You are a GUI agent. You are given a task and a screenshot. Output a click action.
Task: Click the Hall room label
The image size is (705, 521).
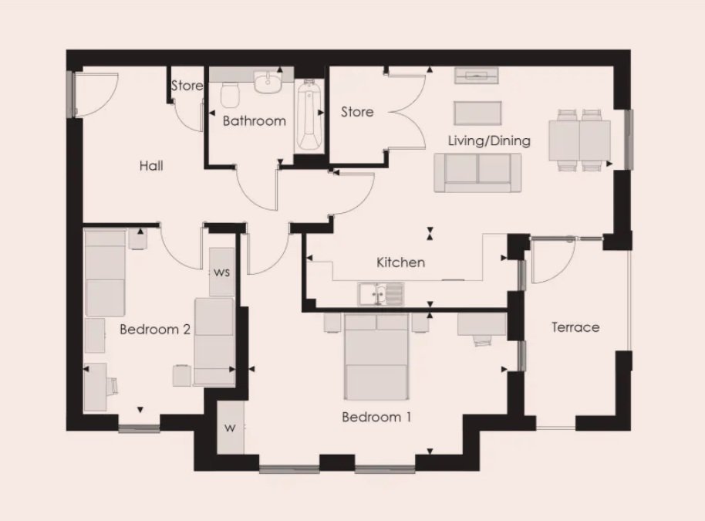click(x=151, y=166)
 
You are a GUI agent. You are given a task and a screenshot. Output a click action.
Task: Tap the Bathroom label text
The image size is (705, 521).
click(x=255, y=121)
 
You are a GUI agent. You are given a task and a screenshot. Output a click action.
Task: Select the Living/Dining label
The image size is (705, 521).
click(x=489, y=140)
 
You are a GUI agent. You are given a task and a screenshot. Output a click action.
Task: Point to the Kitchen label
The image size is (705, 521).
click(x=400, y=262)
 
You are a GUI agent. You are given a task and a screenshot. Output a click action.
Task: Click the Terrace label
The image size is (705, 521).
click(x=575, y=327)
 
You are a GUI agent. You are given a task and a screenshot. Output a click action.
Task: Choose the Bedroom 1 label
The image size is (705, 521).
click(x=376, y=417)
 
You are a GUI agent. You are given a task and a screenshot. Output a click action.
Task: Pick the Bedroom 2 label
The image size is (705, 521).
click(x=155, y=330)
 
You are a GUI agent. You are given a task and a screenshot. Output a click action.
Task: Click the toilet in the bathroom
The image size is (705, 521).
click(x=230, y=96)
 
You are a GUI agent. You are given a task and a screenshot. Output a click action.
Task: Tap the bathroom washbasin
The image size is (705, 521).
click(x=268, y=82)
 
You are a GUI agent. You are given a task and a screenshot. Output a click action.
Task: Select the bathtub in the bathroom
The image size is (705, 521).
click(x=309, y=116)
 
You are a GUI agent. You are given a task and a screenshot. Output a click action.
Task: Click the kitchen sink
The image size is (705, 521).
click(x=381, y=293)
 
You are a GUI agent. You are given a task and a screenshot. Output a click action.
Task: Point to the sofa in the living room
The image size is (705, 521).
click(x=477, y=173)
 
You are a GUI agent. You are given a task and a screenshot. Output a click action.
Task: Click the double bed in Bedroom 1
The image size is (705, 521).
click(x=376, y=357)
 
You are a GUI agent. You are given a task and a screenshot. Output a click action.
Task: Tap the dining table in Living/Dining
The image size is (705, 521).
click(x=579, y=140)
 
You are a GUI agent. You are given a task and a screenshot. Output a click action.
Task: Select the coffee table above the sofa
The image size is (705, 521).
click(x=477, y=113)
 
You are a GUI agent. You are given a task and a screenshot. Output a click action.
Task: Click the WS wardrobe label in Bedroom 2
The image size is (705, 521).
click(x=221, y=272)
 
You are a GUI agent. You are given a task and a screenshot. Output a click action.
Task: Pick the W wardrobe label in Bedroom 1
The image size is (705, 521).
click(x=230, y=428)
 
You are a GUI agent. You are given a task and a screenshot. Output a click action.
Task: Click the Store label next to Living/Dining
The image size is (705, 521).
click(x=357, y=112)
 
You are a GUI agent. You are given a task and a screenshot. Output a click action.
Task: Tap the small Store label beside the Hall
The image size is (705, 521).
click(x=187, y=86)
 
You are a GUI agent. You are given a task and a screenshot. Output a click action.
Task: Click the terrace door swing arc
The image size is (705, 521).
click(x=565, y=270)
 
